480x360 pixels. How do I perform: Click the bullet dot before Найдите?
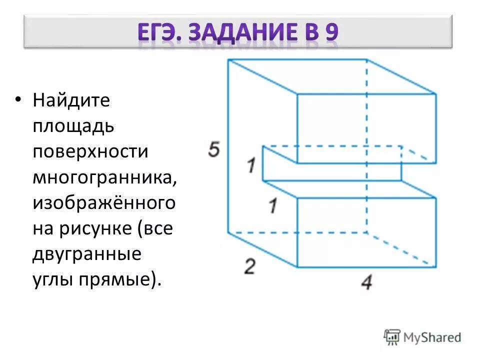tap(18, 99)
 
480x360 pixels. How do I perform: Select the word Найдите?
tap(71, 100)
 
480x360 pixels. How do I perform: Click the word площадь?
tap(73, 126)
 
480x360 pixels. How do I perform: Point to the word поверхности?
tap(90, 151)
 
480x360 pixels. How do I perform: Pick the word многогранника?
tap(104, 177)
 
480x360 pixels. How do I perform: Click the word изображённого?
tap(104, 203)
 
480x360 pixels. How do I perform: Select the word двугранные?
tap(87, 254)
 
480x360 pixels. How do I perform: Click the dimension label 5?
tap(214, 149)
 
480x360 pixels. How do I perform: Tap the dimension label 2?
tap(249, 266)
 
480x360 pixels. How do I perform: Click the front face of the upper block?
tap(366, 128)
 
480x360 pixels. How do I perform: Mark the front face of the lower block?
tap(366, 231)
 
